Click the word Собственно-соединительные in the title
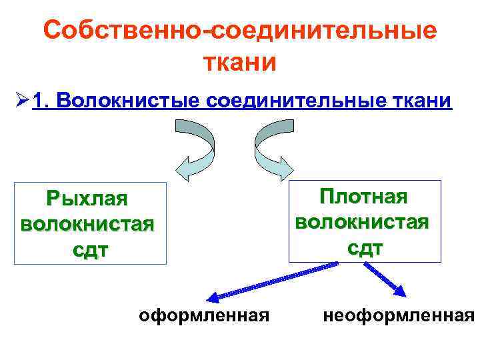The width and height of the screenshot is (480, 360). click(x=240, y=31)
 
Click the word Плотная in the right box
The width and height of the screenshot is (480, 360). click(x=363, y=197)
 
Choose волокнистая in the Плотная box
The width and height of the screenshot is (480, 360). click(x=363, y=221)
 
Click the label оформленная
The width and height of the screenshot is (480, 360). click(x=204, y=314)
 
